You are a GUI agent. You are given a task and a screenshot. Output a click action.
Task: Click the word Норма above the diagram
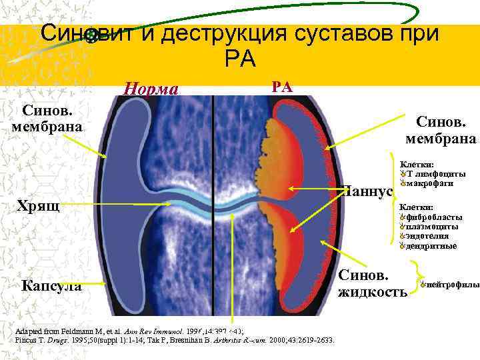click(151, 89)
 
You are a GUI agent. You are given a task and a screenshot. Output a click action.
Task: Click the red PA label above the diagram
click(281, 85)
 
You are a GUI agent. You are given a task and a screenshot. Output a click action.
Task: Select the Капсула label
click(52, 286)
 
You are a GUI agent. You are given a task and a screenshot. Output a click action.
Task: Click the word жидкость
click(373, 292)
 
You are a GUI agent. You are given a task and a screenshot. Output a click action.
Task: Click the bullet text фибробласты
click(432, 217)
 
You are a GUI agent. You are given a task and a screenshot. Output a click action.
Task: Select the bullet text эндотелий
click(428, 236)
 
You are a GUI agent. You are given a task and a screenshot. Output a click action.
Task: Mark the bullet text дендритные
click(431, 246)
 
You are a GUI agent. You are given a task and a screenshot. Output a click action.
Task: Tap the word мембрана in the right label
click(441, 139)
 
